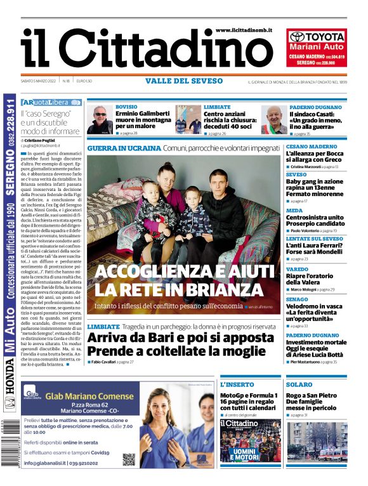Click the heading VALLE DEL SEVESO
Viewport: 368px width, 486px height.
[184, 81]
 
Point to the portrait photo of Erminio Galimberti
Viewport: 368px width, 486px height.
[100, 119]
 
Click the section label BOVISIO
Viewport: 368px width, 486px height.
[126, 107]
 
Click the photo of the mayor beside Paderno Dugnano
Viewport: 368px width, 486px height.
[274, 119]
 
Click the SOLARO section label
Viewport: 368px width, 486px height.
[298, 384]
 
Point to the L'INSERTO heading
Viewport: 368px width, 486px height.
[237, 384]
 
